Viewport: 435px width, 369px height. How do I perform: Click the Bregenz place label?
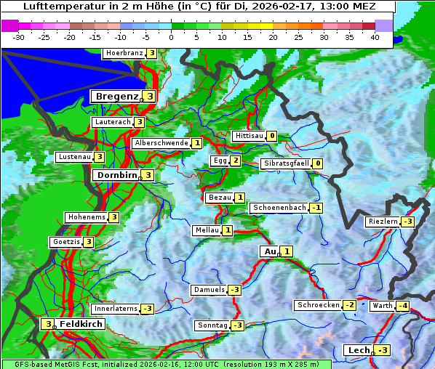[x=116, y=96]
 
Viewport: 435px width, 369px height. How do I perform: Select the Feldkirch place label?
[x=81, y=323]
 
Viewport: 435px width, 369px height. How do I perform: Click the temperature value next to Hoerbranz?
[x=151, y=53]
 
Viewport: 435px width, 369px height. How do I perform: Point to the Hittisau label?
[x=247, y=136]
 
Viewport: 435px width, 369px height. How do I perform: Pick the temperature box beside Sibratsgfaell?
[x=318, y=163]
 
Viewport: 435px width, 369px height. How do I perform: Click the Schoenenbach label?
[x=279, y=208]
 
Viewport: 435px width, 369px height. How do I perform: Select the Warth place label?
[x=382, y=306]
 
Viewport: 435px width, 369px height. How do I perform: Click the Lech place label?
[x=359, y=350]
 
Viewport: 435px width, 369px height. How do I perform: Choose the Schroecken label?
[x=318, y=305]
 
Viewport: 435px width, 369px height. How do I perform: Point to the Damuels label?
[x=209, y=290]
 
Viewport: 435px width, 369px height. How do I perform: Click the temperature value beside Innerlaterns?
[x=147, y=309]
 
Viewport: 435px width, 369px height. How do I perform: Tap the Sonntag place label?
[x=212, y=325]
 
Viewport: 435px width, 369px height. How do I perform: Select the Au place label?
[x=268, y=251]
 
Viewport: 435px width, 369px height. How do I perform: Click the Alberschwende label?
[x=161, y=143]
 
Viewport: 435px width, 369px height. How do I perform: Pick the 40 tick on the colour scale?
[x=375, y=36]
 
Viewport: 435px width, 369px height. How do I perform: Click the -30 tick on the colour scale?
[x=20, y=36]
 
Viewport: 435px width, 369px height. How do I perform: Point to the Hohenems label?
[x=86, y=217]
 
